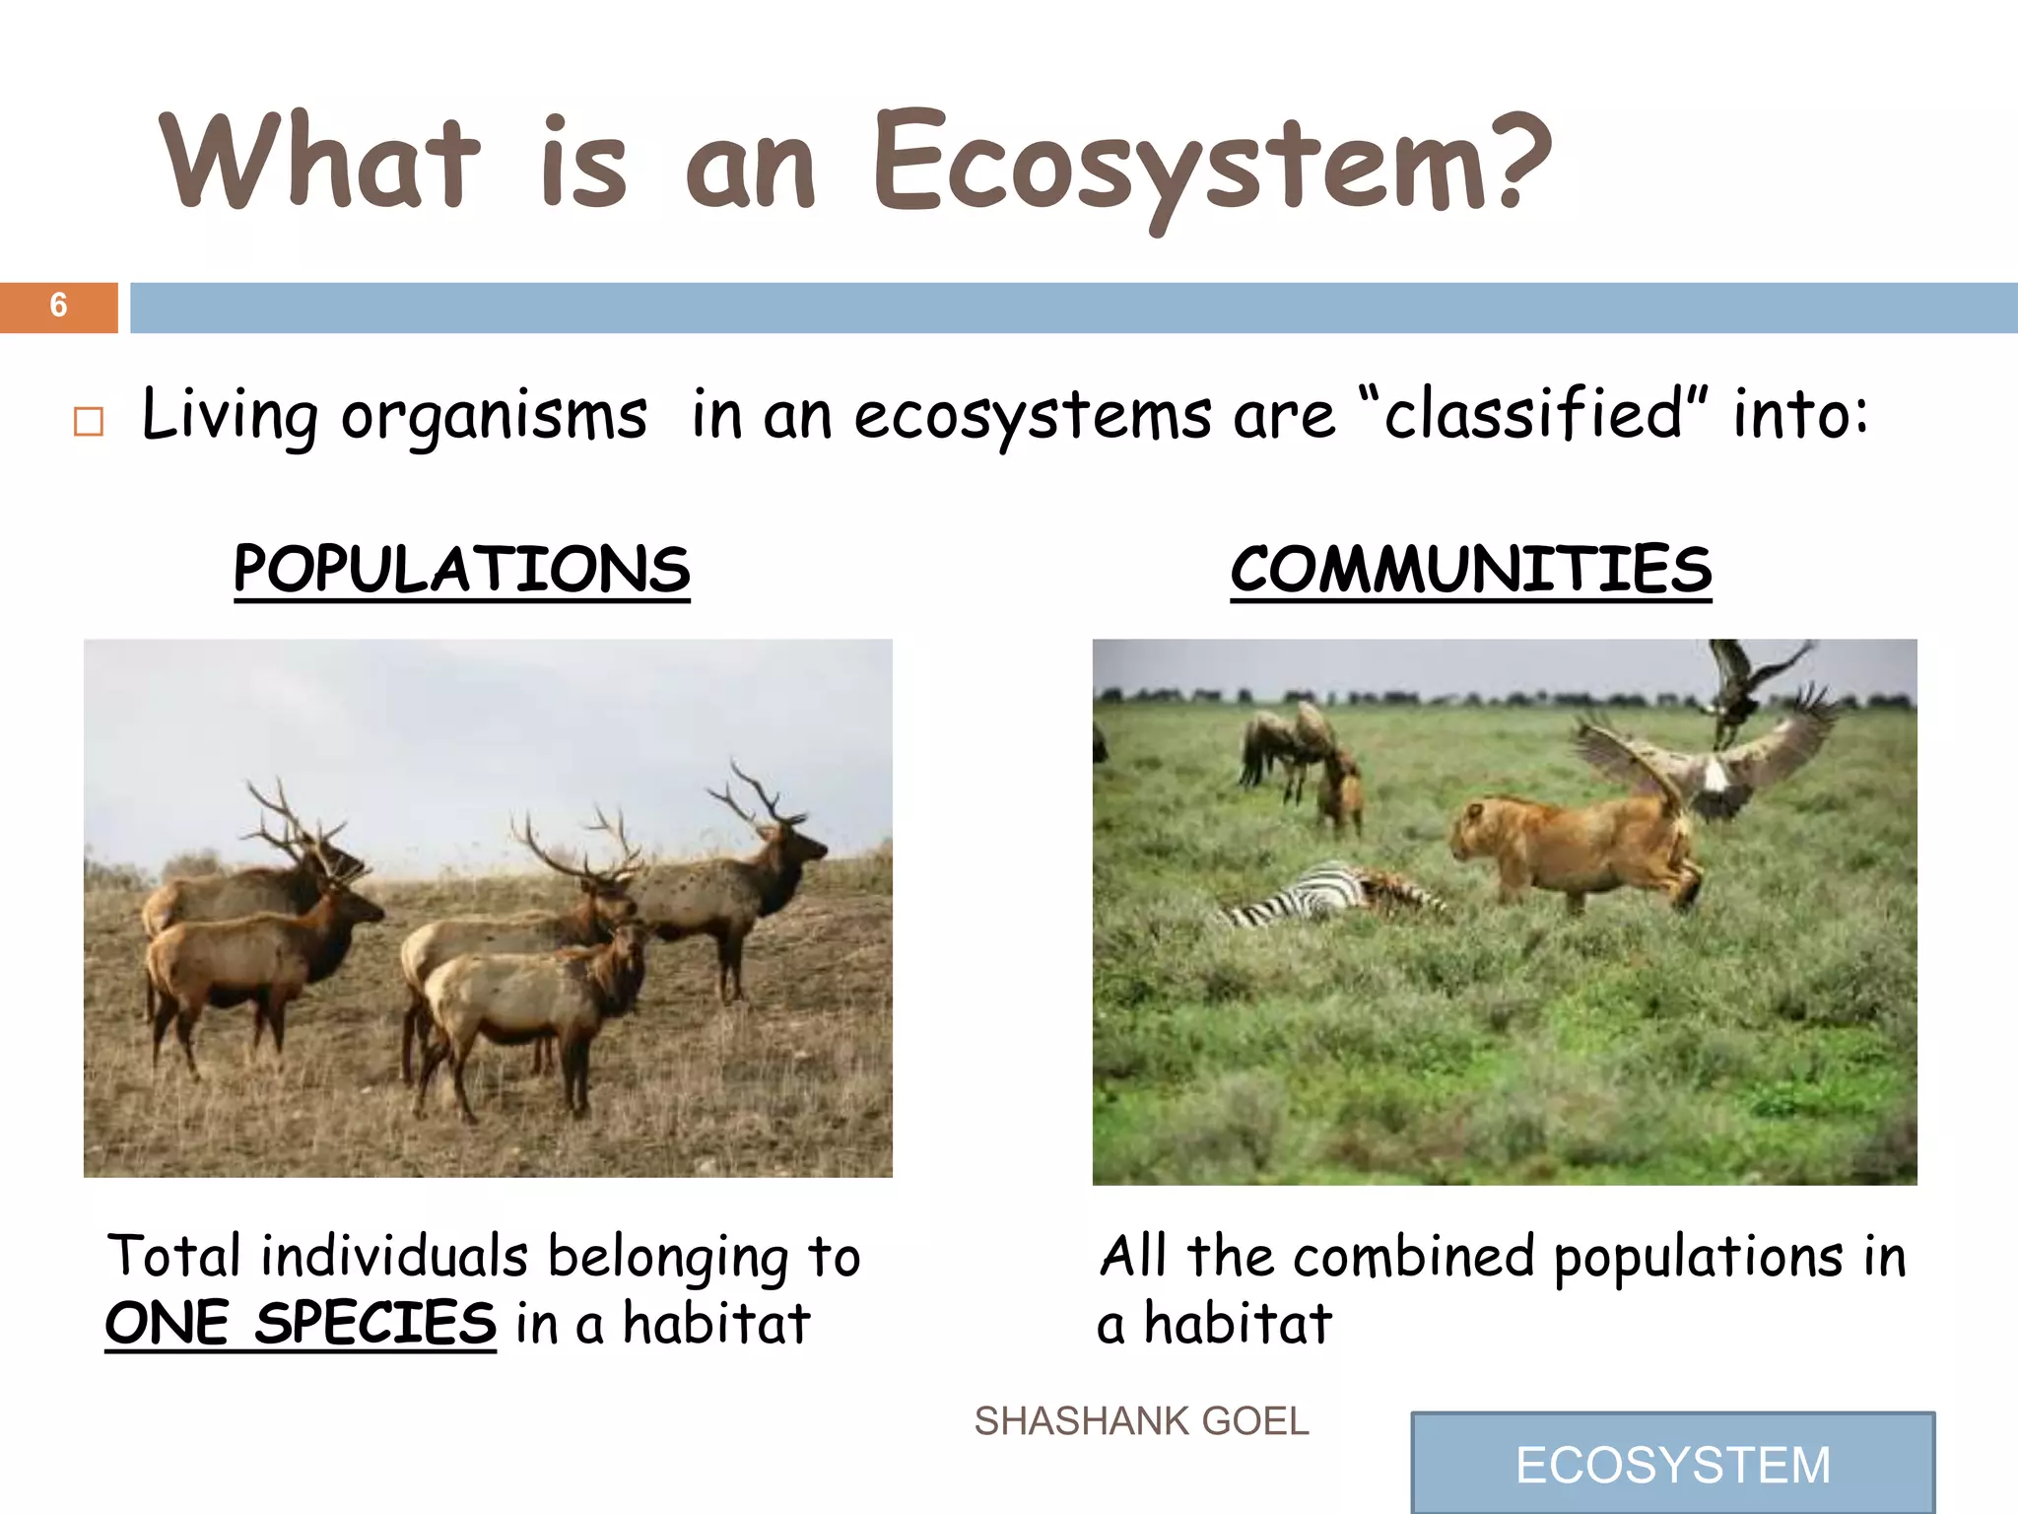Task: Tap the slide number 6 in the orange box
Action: tap(58, 306)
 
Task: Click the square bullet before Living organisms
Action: tap(89, 422)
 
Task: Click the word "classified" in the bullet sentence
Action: tap(1533, 414)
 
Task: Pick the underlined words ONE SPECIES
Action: tap(301, 1323)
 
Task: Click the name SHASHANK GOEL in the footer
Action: tap(1141, 1421)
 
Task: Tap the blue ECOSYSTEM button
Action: tap(1672, 1464)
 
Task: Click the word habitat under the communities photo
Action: tap(1238, 1323)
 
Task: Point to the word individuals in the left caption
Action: tap(394, 1257)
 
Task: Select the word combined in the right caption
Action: tap(1414, 1257)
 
